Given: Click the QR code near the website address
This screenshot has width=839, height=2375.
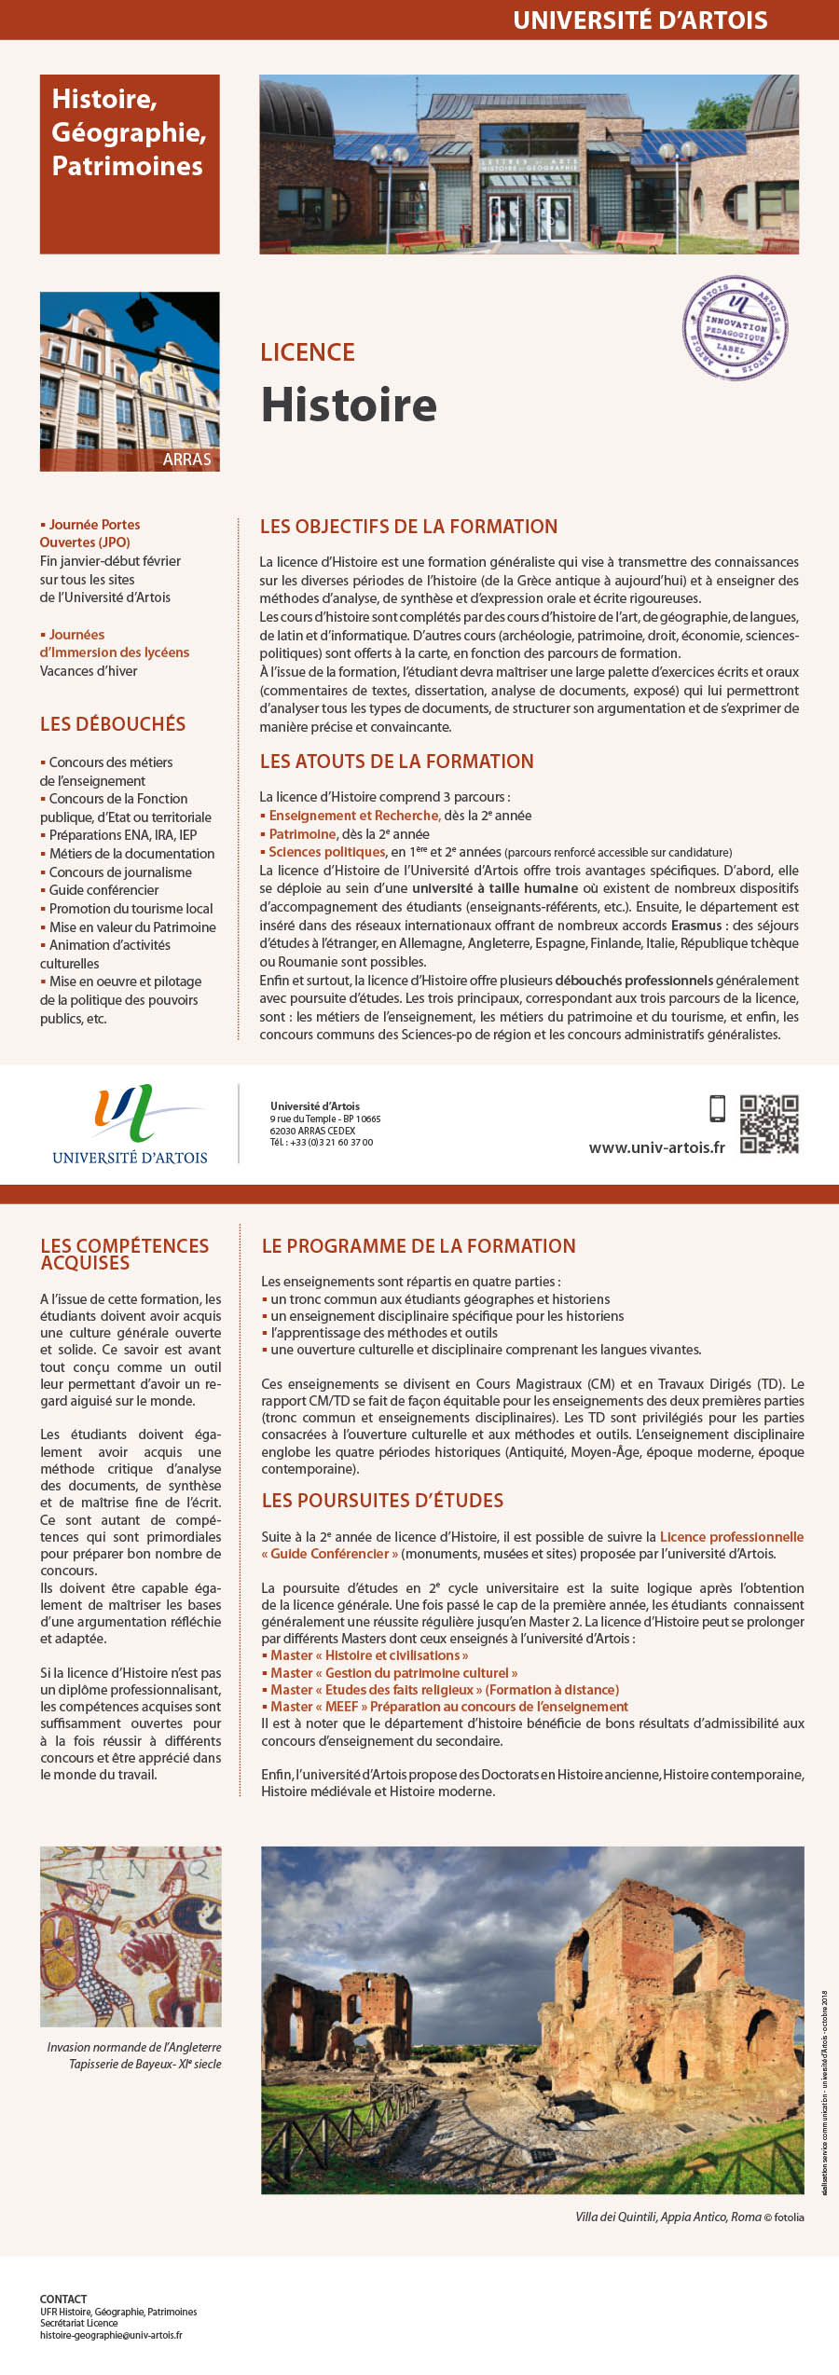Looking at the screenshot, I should click(769, 1124).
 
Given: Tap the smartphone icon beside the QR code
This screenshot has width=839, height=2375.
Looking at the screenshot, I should click(717, 1108).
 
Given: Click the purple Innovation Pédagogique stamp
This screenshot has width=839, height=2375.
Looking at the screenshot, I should click(736, 328).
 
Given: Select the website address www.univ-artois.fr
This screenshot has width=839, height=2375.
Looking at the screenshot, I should click(656, 1147).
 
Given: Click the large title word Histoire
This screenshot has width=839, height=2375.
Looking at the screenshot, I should click(349, 405).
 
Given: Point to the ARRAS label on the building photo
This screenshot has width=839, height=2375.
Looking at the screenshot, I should click(186, 460).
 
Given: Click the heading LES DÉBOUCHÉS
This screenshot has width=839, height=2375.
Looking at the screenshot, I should click(112, 724).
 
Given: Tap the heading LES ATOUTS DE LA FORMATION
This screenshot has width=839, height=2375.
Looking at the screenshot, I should click(396, 762).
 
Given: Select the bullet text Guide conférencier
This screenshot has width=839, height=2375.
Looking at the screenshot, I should click(103, 890).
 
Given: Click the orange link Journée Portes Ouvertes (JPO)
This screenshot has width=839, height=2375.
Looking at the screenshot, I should click(89, 533).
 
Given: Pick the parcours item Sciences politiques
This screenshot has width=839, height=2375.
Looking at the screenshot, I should click(326, 852).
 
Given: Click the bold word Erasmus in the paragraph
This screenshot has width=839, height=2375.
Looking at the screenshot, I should click(695, 926).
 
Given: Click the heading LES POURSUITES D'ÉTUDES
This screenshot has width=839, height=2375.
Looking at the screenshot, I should click(382, 1501).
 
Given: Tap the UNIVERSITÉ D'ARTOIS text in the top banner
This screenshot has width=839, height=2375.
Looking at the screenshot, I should click(640, 21).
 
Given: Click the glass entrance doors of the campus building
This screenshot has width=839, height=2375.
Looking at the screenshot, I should click(530, 219).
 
